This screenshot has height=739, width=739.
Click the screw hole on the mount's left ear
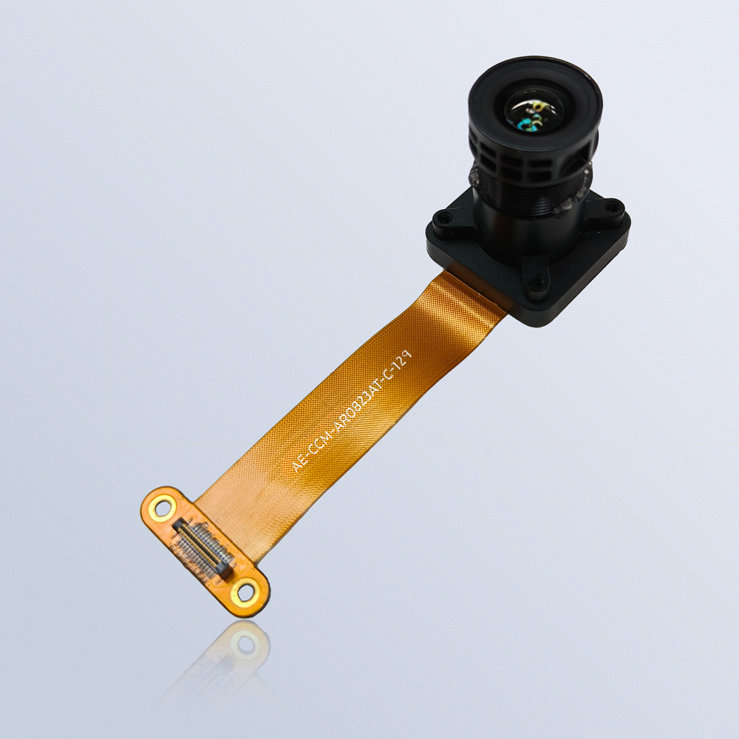[443, 218]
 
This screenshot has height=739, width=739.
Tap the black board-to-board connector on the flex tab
[204, 549]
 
